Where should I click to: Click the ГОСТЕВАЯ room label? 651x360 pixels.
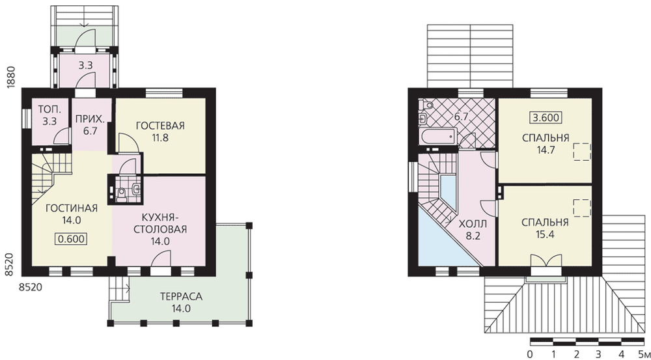[x=160, y=126]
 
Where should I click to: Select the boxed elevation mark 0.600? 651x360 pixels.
[x=70, y=239]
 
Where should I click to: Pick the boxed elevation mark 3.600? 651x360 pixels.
[x=546, y=118]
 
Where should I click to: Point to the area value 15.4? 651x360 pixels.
[x=545, y=234]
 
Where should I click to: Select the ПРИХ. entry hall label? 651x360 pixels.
[x=90, y=120]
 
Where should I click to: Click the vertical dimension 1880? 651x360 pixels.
[x=11, y=76]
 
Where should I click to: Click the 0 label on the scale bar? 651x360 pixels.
[x=530, y=354]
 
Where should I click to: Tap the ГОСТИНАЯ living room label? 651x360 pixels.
[x=72, y=208]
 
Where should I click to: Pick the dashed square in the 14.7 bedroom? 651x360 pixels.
[x=582, y=152]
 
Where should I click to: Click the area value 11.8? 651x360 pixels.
[x=160, y=138]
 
